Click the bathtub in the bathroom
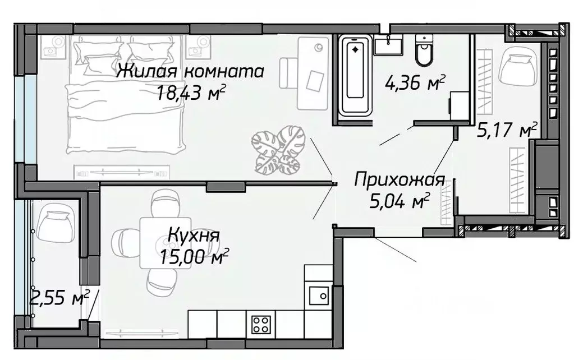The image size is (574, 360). pos(355,76)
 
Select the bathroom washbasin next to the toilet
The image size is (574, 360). pos(388,44)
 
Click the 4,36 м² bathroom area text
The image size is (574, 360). pos(415,83)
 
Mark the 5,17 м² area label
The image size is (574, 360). pos(507,131)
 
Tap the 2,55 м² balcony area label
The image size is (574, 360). pos(59,298)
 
